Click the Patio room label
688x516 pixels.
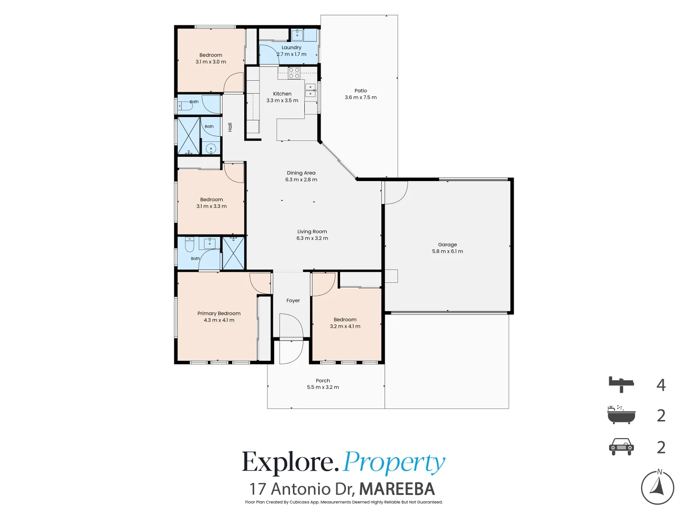[360, 91]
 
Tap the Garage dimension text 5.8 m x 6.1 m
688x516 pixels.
[447, 251]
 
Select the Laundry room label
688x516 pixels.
[291, 48]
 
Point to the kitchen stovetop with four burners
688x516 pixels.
[294, 73]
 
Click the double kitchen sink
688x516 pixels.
[310, 90]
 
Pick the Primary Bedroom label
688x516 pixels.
[219, 313]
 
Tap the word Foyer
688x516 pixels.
[293, 301]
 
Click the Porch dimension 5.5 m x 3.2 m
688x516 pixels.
[323, 387]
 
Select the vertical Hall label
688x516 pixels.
[230, 127]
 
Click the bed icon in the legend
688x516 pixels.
[621, 385]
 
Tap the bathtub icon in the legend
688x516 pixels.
[621, 415]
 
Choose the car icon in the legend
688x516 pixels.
[621, 446]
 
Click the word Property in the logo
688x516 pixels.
[394, 463]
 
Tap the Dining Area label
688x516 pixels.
[301, 173]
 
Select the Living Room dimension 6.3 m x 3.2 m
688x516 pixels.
[312, 238]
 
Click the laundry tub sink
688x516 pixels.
[297, 35]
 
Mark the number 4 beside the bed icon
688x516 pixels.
[661, 385]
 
